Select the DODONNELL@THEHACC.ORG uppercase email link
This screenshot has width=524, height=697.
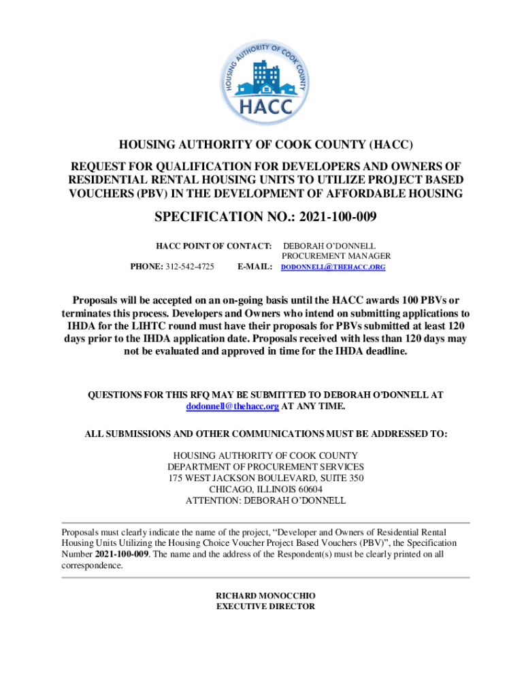click(333, 268)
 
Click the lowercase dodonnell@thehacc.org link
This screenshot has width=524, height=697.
click(233, 406)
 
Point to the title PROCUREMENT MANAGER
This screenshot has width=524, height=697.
click(336, 256)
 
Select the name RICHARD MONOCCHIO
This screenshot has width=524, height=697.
click(265, 596)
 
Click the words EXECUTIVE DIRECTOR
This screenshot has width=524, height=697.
click(265, 606)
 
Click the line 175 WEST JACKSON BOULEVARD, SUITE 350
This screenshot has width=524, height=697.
click(265, 479)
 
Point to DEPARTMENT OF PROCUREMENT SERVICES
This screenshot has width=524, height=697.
click(265, 467)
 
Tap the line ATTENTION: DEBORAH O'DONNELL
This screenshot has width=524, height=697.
click(265, 500)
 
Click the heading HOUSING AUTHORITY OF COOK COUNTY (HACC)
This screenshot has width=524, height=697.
click(266, 145)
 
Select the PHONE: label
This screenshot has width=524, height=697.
click(146, 267)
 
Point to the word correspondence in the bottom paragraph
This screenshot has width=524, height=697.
click(92, 566)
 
